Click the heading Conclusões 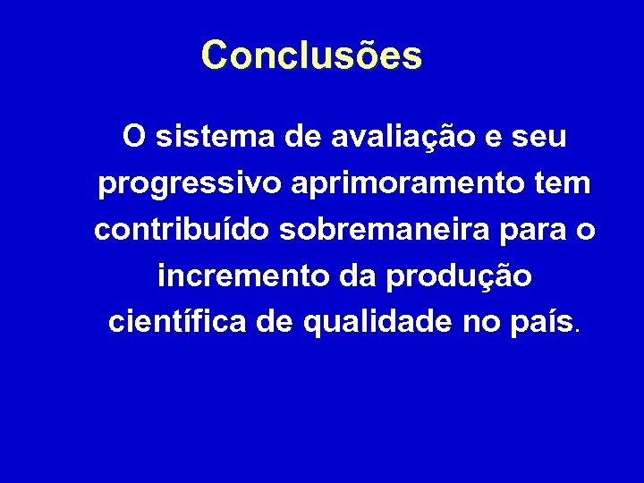(311, 55)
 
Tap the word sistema (209, 138)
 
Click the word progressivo (187, 185)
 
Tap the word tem (562, 184)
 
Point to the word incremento (237, 276)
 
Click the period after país (578, 330)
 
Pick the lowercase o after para (586, 232)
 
